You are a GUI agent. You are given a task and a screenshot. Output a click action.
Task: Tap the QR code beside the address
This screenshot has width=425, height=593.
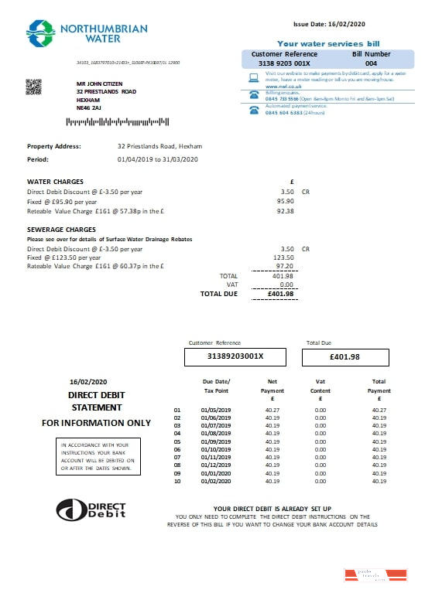[33, 87]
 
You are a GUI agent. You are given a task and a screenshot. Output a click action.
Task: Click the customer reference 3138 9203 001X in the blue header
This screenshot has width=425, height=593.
[285, 64]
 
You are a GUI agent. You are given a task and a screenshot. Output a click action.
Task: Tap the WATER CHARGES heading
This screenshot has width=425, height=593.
[55, 182]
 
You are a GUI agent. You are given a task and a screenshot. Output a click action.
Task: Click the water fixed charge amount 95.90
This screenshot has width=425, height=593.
[286, 200]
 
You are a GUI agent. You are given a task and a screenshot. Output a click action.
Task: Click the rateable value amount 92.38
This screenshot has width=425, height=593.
[286, 210]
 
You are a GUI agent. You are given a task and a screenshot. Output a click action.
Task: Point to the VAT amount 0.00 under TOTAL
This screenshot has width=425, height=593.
[286, 285]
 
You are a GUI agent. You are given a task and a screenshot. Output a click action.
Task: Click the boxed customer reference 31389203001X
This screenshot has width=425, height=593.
[235, 356]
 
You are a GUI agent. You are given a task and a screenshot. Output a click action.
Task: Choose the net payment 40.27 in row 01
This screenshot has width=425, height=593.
[272, 410]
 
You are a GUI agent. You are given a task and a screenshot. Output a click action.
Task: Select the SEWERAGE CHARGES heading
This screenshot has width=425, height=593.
[61, 230]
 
